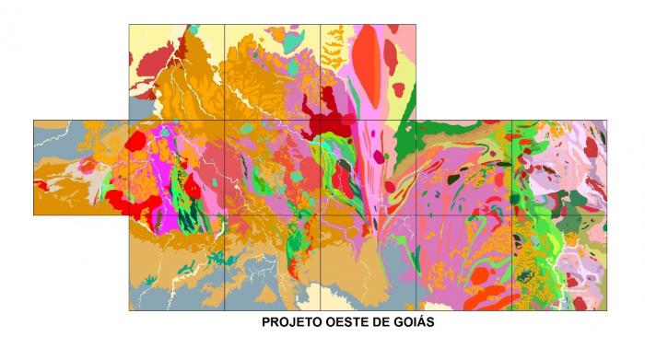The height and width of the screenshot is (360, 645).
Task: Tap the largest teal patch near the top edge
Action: click(x=294, y=41)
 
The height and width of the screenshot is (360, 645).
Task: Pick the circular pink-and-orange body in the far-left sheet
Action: click(x=90, y=166)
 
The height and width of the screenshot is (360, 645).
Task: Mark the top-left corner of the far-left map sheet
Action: click(x=34, y=120)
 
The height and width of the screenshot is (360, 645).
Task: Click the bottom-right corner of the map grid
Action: click(x=607, y=310)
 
